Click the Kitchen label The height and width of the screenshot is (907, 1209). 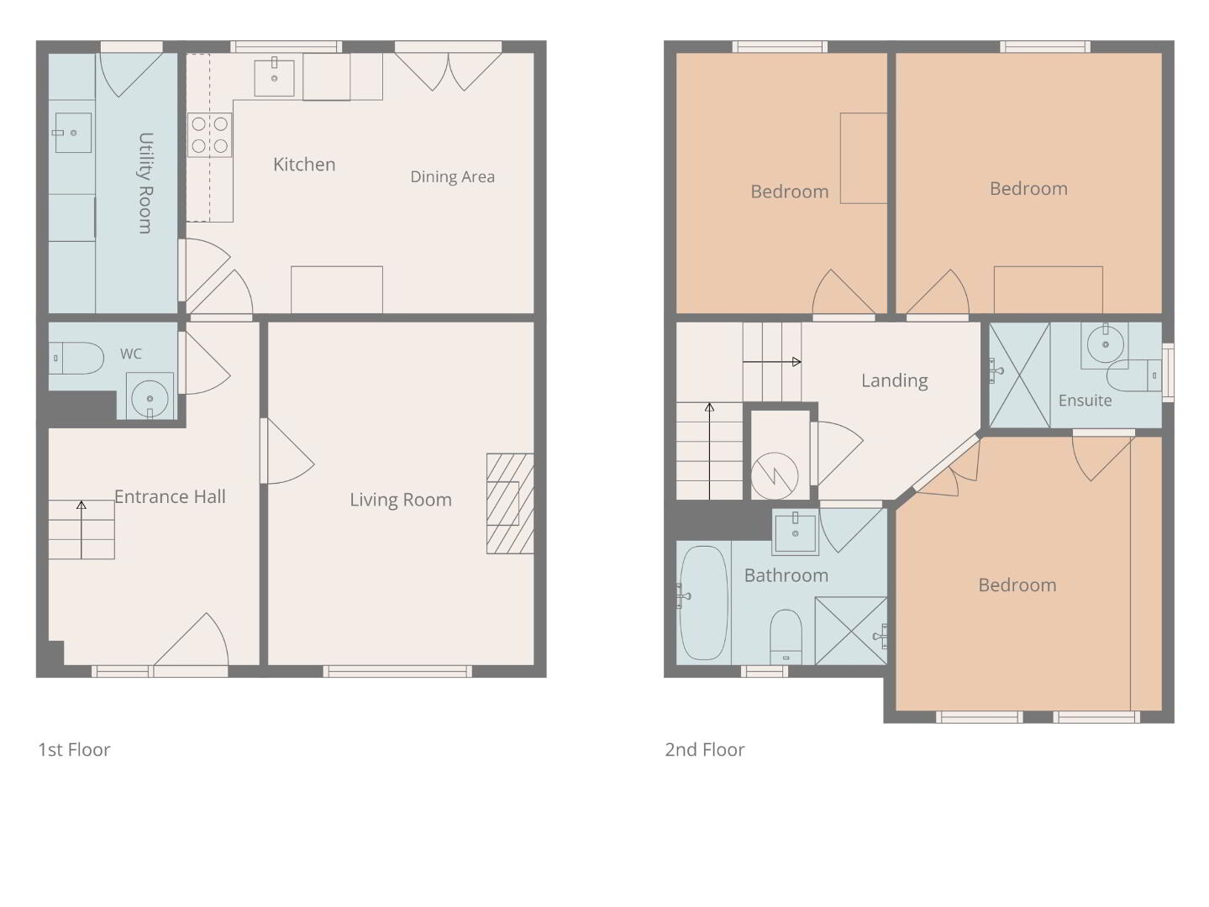(x=304, y=164)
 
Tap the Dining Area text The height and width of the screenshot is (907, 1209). (x=452, y=176)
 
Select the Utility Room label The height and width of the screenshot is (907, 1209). (x=145, y=183)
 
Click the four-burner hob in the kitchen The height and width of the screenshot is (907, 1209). (x=209, y=135)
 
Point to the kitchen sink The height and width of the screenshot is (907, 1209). (x=274, y=76)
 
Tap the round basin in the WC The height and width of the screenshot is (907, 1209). (x=150, y=396)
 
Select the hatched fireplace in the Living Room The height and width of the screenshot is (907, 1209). (x=510, y=503)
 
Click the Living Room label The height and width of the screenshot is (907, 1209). (x=401, y=500)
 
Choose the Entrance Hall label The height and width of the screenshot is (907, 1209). (x=170, y=496)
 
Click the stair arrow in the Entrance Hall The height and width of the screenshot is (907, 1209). (x=81, y=529)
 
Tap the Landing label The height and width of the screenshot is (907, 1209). (x=895, y=380)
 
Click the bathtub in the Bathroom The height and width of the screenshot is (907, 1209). (x=703, y=603)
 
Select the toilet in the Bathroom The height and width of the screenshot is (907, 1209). (x=786, y=637)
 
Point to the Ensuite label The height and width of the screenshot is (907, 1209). (x=1085, y=400)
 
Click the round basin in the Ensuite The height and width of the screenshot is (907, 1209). (x=1105, y=344)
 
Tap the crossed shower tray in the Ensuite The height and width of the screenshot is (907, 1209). (x=1019, y=375)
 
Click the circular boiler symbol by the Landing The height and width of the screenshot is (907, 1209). (x=775, y=476)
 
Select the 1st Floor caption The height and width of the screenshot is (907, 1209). (x=75, y=750)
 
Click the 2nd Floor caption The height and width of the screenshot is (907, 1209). (x=705, y=750)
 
